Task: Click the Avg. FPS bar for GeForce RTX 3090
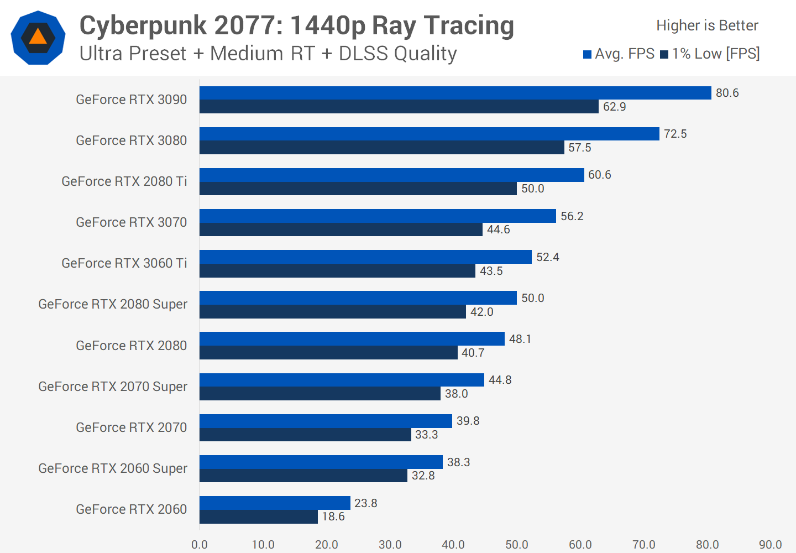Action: point(455,93)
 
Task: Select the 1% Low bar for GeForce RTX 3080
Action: point(381,148)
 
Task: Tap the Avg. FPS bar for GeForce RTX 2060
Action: point(275,503)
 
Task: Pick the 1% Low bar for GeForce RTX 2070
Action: point(305,435)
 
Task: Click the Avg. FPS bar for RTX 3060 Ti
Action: point(365,257)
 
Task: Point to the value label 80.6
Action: point(727,93)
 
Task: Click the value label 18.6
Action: point(333,517)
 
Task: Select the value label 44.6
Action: point(498,229)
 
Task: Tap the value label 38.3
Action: point(458,462)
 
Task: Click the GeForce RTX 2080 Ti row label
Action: point(124,181)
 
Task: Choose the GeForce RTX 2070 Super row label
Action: point(113,387)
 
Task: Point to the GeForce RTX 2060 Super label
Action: point(113,468)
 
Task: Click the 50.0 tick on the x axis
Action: point(517,545)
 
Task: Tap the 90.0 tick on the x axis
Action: point(770,545)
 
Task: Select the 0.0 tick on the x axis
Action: point(200,545)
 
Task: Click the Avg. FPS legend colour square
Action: point(588,54)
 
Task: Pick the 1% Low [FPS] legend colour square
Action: point(664,54)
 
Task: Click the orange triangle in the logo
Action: point(38,37)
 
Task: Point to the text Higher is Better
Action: point(707,25)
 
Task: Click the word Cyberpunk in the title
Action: point(143,25)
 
